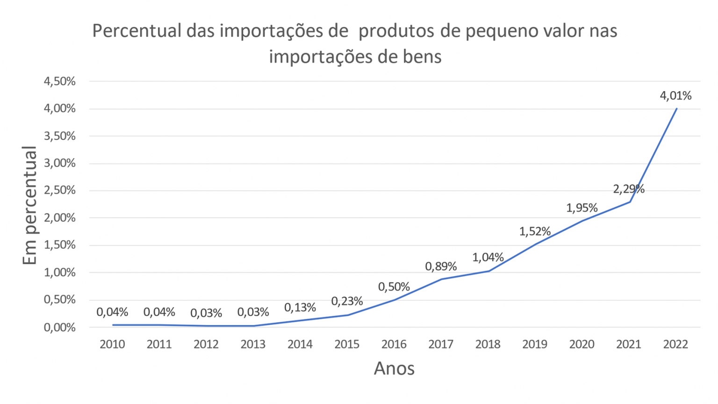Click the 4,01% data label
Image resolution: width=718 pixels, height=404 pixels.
click(675, 96)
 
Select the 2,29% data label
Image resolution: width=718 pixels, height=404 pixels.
click(629, 189)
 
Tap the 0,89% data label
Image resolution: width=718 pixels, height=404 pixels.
click(441, 267)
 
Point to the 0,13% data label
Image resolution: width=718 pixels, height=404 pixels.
click(300, 308)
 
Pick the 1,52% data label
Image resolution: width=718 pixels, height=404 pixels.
click(535, 231)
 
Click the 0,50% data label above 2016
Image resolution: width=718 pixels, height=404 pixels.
click(394, 287)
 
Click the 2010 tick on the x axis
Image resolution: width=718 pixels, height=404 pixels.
click(112, 345)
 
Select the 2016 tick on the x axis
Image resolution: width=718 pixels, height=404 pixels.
click(394, 345)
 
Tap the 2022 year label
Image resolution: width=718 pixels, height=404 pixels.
click(675, 345)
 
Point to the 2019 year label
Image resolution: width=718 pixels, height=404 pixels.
click(535, 345)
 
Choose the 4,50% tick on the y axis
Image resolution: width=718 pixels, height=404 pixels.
click(59, 81)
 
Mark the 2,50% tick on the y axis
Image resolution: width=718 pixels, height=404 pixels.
click(59, 190)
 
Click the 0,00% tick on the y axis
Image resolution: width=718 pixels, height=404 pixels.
click(59, 327)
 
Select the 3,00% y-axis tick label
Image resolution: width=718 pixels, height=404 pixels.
click(59, 163)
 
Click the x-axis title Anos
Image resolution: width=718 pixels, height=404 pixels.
click(394, 368)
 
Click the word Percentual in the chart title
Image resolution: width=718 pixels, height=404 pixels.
click(136, 31)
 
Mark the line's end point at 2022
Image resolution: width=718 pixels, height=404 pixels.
click(676, 108)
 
